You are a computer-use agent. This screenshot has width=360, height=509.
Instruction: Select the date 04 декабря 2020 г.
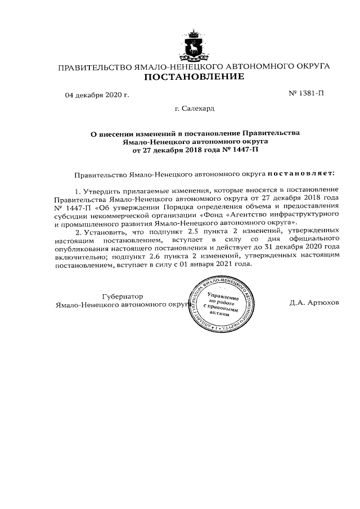[97, 94]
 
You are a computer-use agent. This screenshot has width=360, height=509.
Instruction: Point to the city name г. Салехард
[194, 107]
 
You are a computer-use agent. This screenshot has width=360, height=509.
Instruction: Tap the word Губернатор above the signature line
[123, 296]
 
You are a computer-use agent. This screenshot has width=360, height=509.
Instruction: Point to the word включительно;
[82, 256]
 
